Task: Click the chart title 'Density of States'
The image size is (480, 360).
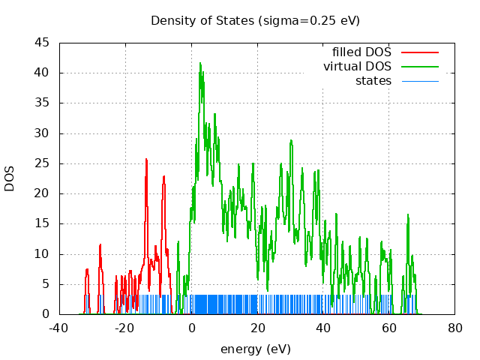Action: point(202,20)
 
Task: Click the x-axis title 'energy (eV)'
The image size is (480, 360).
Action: point(255,349)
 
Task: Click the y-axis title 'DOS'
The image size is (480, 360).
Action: point(10,178)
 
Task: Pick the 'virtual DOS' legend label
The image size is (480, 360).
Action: point(358,66)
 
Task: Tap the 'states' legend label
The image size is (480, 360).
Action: point(373,80)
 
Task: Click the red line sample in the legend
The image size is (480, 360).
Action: point(419,52)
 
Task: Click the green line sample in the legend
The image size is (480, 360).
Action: point(419,66)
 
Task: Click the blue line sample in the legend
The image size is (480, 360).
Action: point(419,80)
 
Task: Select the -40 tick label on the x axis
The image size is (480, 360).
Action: point(59,328)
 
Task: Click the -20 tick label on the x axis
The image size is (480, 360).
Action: point(125,328)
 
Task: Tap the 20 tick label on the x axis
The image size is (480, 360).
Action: point(257,328)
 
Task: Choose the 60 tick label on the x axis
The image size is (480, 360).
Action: point(389,328)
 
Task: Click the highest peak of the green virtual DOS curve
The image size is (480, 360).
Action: point(200,64)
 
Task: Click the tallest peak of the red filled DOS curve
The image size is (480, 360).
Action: point(146,159)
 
